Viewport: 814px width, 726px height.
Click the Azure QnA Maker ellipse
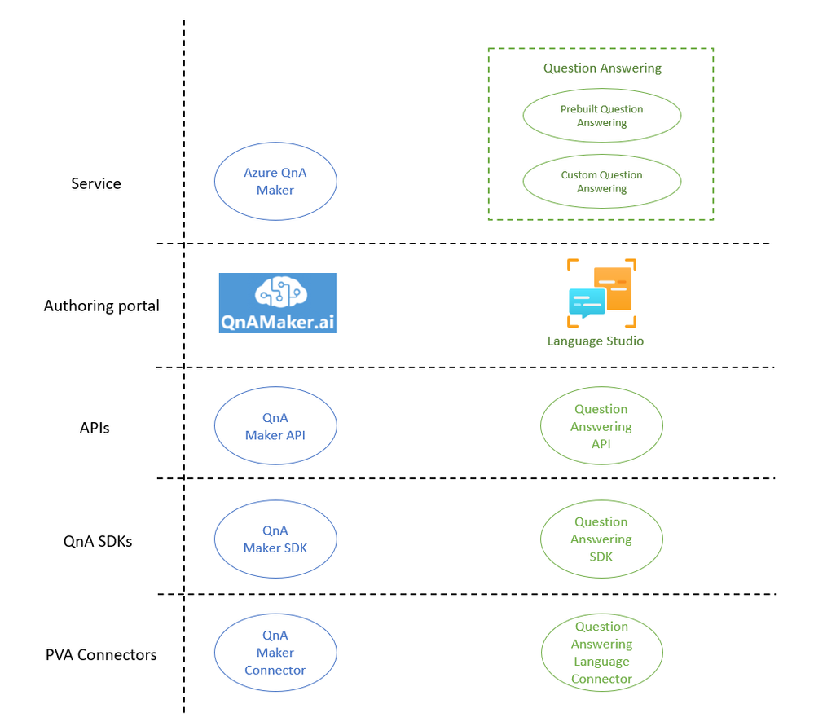[275, 182]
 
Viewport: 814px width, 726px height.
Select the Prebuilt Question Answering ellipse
[601, 116]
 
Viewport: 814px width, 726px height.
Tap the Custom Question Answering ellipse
[601, 182]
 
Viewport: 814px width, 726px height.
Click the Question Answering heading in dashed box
[602, 68]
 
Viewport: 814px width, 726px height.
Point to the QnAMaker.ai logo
[277, 303]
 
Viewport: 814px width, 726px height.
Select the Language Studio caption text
[595, 341]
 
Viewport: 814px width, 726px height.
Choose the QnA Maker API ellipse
[275, 426]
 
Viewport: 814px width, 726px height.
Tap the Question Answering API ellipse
[601, 426]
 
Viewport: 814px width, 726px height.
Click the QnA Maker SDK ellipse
[275, 539]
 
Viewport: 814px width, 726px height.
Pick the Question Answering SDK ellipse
[601, 539]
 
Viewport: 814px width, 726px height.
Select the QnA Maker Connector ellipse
[275, 653]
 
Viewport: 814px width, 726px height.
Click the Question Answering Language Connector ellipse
[601, 653]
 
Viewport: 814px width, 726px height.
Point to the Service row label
[96, 183]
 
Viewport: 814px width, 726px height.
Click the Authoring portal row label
[102, 306]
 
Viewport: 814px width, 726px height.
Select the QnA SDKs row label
[98, 540]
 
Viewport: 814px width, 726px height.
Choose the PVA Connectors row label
[101, 654]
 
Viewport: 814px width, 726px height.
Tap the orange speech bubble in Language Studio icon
[613, 288]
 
